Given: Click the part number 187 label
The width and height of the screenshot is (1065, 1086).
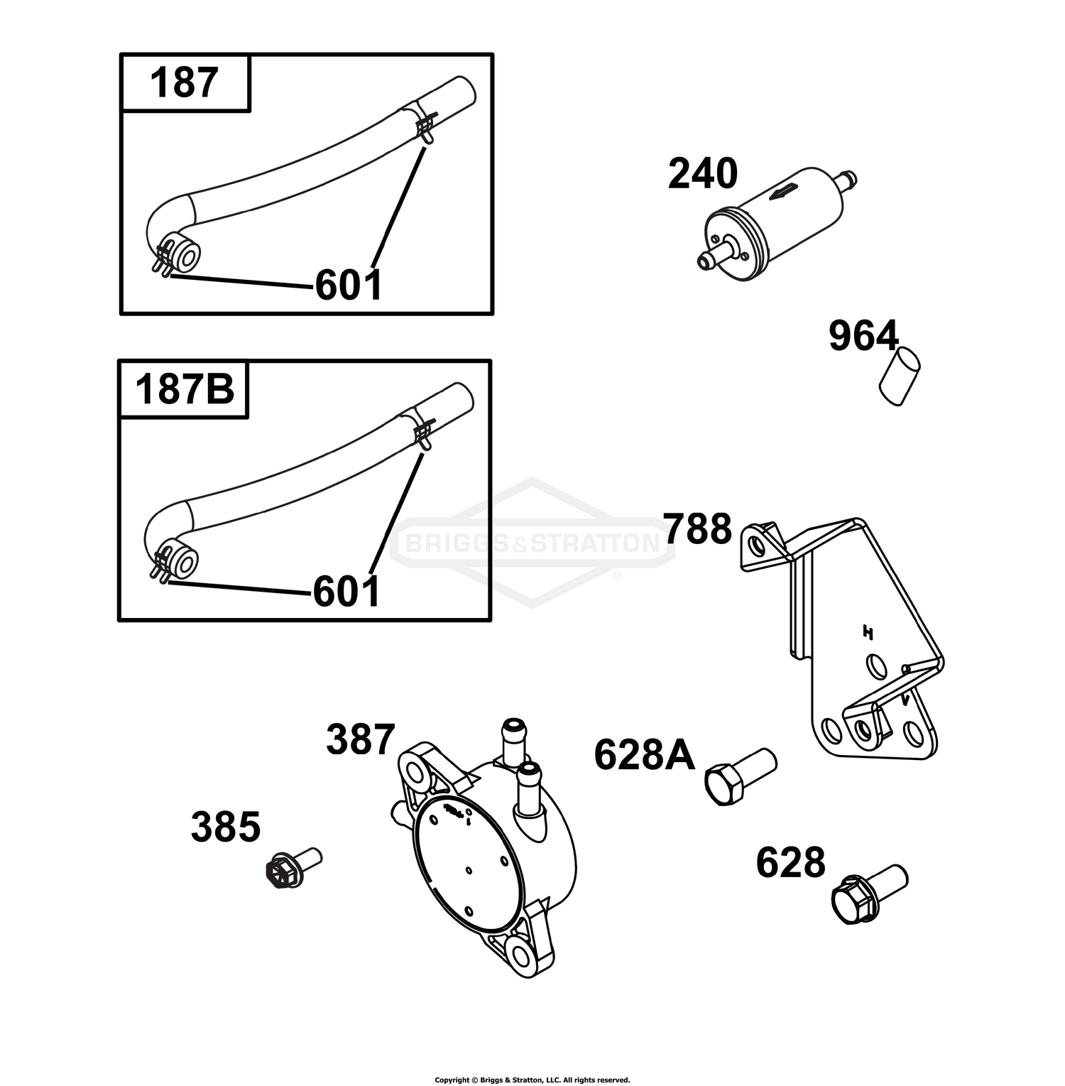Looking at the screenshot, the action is pyautogui.click(x=183, y=83).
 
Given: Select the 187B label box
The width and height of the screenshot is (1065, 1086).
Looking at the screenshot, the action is pyautogui.click(x=184, y=389).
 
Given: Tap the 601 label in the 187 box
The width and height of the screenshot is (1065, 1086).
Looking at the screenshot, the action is pyautogui.click(x=349, y=285).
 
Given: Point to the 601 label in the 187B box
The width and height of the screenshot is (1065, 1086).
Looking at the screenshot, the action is pyautogui.click(x=346, y=591).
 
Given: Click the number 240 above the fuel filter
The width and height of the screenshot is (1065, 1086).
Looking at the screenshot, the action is pyautogui.click(x=703, y=174).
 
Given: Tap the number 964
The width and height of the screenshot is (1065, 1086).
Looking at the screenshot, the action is pyautogui.click(x=864, y=336).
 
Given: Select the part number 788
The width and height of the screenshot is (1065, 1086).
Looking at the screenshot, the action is pyautogui.click(x=697, y=529).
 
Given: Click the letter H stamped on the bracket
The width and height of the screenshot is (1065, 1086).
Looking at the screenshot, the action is pyautogui.click(x=867, y=631).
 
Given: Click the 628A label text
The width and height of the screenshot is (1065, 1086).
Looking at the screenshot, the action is pyautogui.click(x=645, y=754).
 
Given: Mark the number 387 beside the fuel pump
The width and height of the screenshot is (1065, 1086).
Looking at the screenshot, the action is pyautogui.click(x=360, y=740).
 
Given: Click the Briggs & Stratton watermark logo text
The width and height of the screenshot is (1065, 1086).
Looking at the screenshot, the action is pyautogui.click(x=531, y=544).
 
